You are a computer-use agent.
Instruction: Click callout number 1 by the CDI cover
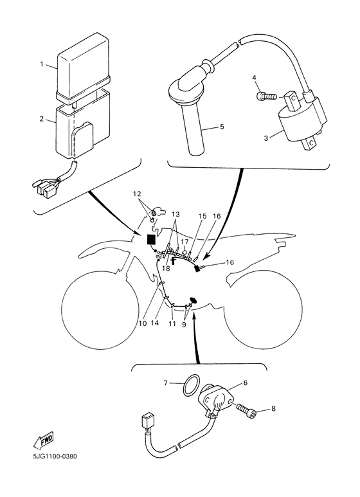pyautogui.click(x=42, y=64)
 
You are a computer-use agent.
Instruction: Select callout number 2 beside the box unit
pyautogui.click(x=42, y=120)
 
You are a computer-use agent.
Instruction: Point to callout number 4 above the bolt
pyautogui.click(x=254, y=78)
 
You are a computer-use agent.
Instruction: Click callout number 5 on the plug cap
pyautogui.click(x=222, y=127)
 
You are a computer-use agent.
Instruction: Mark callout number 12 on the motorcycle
pyautogui.click(x=136, y=194)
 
